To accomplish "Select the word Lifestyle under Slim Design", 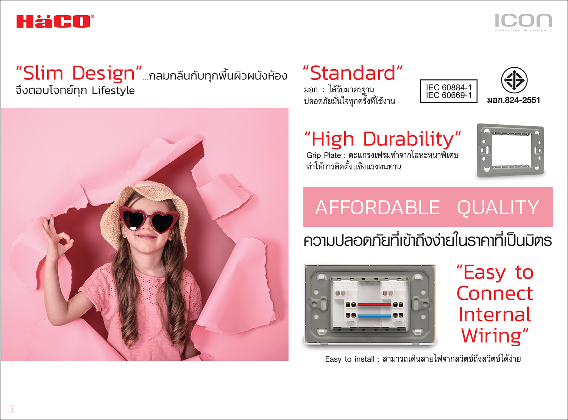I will [113, 91].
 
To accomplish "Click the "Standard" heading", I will [353, 73].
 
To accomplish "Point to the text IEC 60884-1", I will [448, 87].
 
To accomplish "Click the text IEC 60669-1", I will [448, 95].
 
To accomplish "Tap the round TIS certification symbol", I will [514, 80].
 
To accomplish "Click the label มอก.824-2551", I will [513, 100].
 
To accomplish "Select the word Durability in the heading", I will [408, 139].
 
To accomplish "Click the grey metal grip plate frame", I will [510, 150].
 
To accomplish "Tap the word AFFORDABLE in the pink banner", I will [377, 208].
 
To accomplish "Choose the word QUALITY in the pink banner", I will [498, 208].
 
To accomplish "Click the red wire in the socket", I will [374, 304].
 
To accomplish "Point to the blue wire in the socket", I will [374, 316].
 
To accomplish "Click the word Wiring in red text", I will [491, 335].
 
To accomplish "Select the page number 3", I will [11, 409].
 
